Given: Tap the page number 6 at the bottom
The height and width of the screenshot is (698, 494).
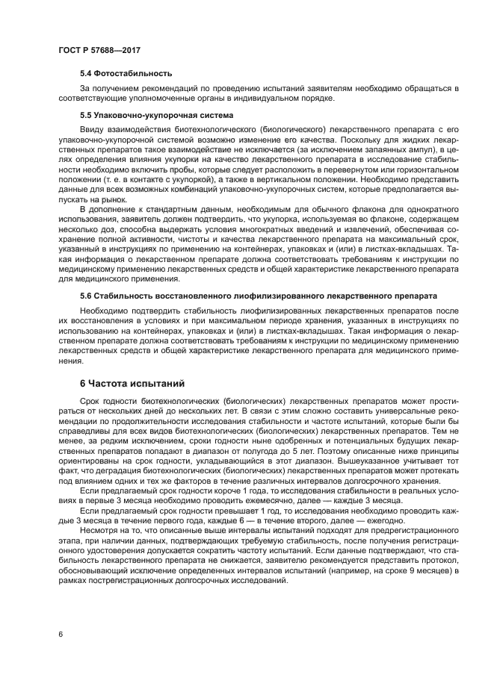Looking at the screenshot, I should coord(60,634).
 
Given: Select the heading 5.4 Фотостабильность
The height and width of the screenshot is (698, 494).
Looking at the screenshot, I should coord(126,73).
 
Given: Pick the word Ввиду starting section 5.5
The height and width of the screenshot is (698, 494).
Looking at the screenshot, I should coord(93,130).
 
